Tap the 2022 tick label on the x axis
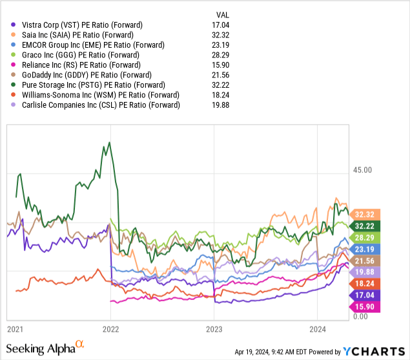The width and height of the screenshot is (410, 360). click(111, 328)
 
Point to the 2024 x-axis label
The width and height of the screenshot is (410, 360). click(318, 328)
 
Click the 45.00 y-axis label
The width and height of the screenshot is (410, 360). click(363, 171)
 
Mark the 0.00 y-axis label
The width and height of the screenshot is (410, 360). click(360, 316)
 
